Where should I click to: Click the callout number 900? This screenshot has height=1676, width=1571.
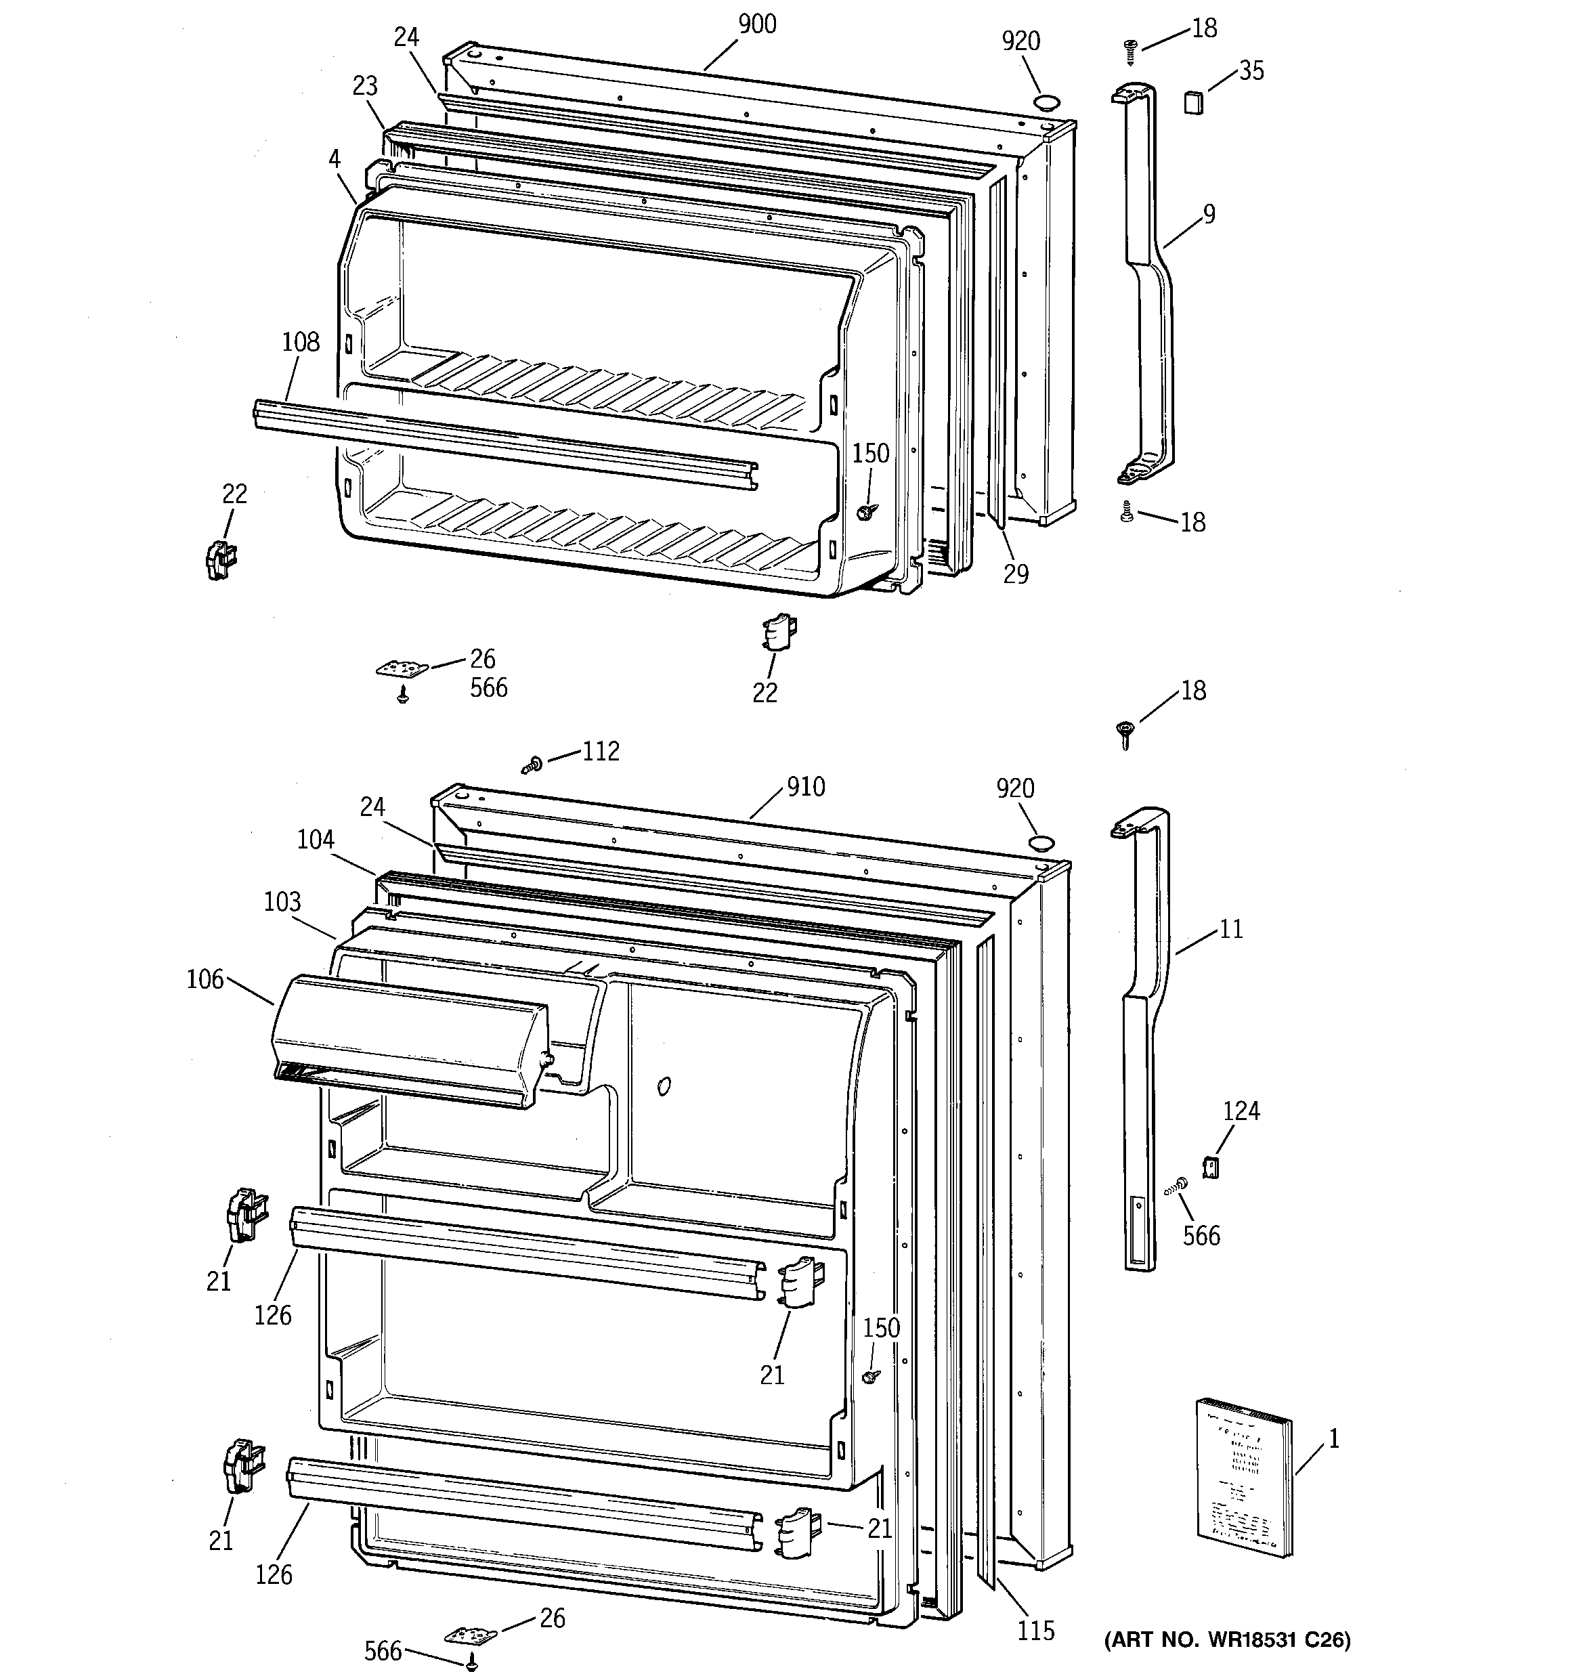click(x=756, y=24)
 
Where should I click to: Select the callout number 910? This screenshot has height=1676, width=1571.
click(x=805, y=787)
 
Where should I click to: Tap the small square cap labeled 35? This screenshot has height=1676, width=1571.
click(x=1193, y=103)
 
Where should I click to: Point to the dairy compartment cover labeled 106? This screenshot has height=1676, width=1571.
click(x=409, y=1040)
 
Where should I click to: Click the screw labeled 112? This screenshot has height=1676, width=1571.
click(x=530, y=765)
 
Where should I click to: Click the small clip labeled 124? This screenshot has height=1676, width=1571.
click(x=1210, y=1167)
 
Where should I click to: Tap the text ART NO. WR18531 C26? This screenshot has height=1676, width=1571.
click(x=1227, y=1639)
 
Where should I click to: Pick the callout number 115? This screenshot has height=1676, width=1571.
click(x=1035, y=1631)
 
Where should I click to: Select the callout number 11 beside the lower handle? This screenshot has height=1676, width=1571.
click(x=1231, y=929)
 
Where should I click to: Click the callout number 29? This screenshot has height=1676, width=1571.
click(x=1016, y=574)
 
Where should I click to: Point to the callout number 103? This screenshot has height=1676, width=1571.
click(x=282, y=901)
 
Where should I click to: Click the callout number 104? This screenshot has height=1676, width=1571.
click(x=316, y=839)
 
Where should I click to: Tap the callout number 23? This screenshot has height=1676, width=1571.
click(x=364, y=86)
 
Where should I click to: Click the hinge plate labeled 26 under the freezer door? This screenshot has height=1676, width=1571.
click(x=402, y=668)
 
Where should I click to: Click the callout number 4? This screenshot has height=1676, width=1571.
click(x=335, y=158)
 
